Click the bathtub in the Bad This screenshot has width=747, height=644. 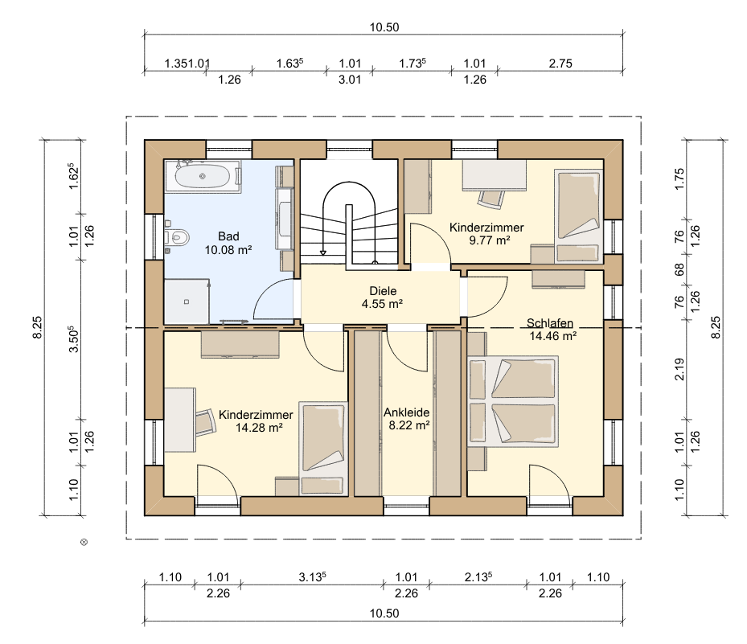[203, 176]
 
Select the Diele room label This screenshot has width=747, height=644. [383, 291]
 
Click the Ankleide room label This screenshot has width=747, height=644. [407, 412]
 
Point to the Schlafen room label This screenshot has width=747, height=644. [550, 323]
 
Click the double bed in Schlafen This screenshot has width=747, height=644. [513, 400]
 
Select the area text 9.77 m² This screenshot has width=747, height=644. [489, 240]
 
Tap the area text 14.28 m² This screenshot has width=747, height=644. [259, 428]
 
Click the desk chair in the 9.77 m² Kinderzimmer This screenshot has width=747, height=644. [491, 199]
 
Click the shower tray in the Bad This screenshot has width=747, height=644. [187, 301]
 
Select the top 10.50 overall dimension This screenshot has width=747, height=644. [384, 27]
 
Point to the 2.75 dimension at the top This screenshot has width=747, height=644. [560, 64]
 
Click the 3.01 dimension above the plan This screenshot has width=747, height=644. [350, 80]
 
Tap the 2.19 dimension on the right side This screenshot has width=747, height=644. [679, 369]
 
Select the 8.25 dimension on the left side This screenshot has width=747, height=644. [37, 328]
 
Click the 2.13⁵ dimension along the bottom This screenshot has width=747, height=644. [478, 576]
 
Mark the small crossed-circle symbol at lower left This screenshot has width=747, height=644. [84, 542]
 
